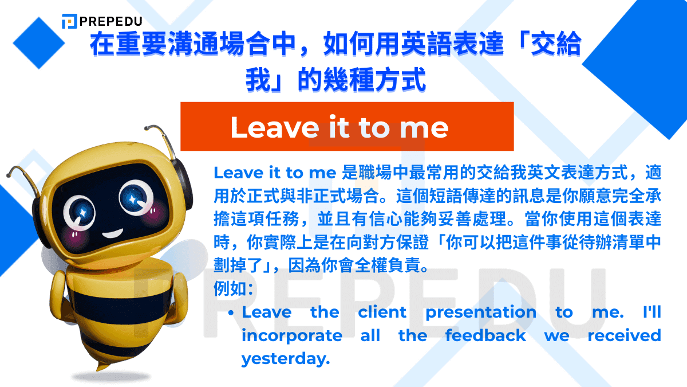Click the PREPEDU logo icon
click(x=69, y=21)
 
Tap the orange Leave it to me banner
click(x=347, y=127)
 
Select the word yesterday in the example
click(x=286, y=358)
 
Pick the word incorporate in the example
click(x=291, y=335)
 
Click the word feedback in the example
click(x=485, y=335)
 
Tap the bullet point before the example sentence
click(x=231, y=313)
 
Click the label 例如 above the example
click(x=227, y=287)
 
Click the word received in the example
click(x=624, y=335)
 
